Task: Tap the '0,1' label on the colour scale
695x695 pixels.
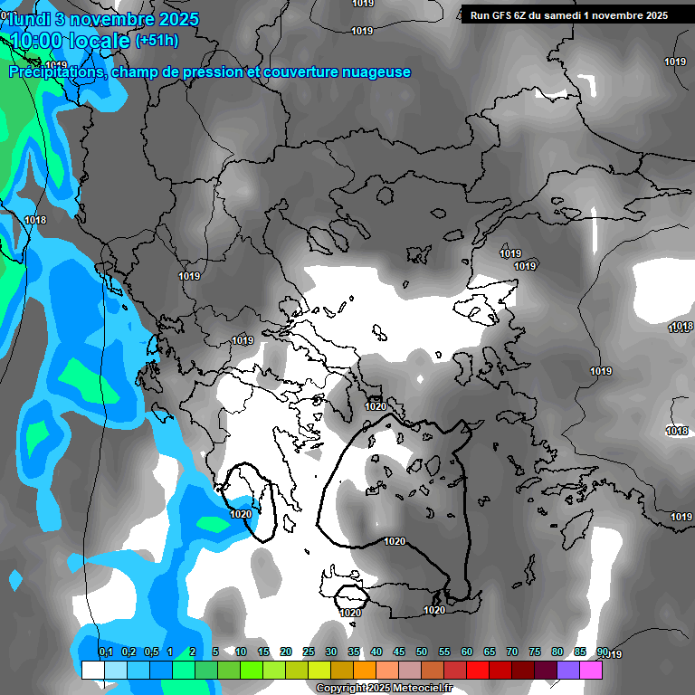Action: [x=106, y=652]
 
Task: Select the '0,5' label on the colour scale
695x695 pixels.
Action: [x=151, y=652]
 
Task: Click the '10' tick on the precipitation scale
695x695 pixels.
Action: [x=241, y=652]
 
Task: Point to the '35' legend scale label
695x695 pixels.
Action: [x=354, y=652]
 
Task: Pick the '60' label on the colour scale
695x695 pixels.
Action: [x=467, y=652]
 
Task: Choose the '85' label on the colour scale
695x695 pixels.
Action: [x=580, y=652]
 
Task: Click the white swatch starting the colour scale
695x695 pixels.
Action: [x=92, y=671]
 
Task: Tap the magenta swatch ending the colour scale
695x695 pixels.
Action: [x=591, y=671]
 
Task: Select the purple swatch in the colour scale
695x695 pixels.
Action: [x=568, y=671]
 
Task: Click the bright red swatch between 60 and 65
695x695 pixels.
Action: [x=478, y=671]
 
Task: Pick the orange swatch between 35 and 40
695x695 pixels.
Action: [x=365, y=671]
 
